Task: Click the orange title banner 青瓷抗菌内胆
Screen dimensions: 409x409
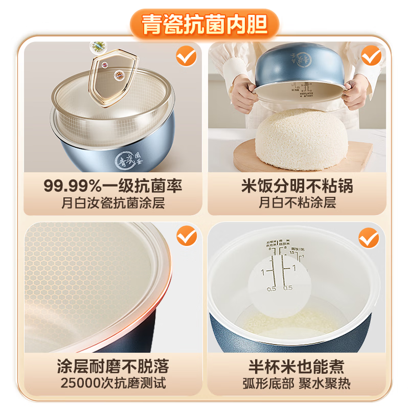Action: [204, 25]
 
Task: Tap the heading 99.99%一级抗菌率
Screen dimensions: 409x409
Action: [112, 185]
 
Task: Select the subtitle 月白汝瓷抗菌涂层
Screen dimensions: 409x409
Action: [112, 202]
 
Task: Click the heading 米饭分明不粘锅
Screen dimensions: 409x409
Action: [297, 185]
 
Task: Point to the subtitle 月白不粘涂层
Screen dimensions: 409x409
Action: [297, 202]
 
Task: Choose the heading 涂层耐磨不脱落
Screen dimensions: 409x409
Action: [112, 366]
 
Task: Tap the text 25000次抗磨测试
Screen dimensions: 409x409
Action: [112, 382]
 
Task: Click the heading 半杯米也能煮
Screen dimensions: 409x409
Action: [297, 366]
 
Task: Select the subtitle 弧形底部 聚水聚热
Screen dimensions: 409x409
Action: [297, 382]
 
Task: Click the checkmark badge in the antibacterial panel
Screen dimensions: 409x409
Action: [186, 56]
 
